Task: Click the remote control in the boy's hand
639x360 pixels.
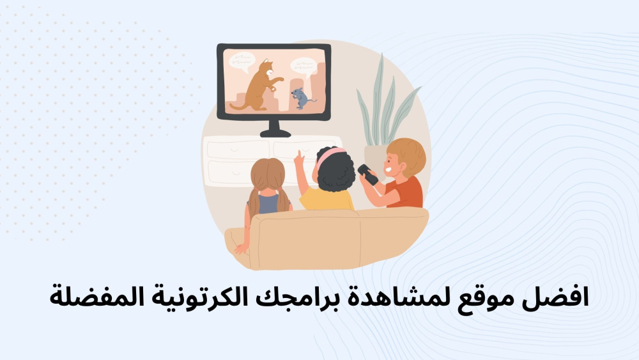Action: click(x=367, y=175)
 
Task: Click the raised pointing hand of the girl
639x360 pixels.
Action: click(x=299, y=159)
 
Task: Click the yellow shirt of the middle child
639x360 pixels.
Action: click(x=326, y=199)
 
